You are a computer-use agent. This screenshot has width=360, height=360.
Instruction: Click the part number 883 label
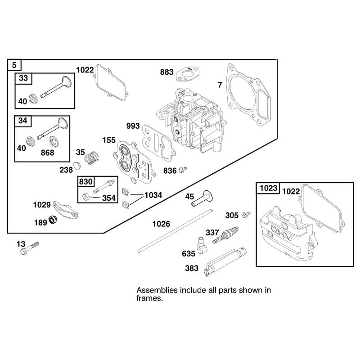(x=166, y=72)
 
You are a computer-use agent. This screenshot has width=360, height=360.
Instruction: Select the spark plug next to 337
(x=225, y=235)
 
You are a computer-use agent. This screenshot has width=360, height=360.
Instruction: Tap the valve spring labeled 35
(x=92, y=158)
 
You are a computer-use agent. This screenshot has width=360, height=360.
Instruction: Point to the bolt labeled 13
(x=30, y=248)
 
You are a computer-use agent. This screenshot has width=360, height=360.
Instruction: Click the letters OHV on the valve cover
(x=282, y=233)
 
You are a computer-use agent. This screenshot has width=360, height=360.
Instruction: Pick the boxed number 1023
(x=268, y=188)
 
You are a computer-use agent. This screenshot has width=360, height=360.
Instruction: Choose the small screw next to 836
(x=183, y=170)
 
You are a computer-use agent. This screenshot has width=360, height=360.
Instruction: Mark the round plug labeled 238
(x=77, y=166)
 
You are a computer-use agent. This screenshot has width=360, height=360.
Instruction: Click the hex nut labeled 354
(x=86, y=197)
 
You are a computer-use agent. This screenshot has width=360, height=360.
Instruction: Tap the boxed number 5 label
(x=14, y=65)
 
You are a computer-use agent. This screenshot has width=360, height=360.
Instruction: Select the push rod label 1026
(x=161, y=224)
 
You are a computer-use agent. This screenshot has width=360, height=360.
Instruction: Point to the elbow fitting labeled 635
(x=202, y=246)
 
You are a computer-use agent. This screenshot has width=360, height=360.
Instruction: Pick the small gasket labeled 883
(x=187, y=74)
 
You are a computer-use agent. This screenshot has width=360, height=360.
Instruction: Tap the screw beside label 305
(x=246, y=215)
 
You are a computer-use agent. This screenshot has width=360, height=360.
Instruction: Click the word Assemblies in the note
(x=157, y=290)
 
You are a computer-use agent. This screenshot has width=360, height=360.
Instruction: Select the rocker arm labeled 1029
(x=65, y=209)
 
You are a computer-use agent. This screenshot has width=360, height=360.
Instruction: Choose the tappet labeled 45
(x=202, y=198)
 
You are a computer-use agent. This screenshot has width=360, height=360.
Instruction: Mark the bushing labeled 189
(x=53, y=220)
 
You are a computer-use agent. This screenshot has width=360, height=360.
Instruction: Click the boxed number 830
(x=85, y=182)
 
